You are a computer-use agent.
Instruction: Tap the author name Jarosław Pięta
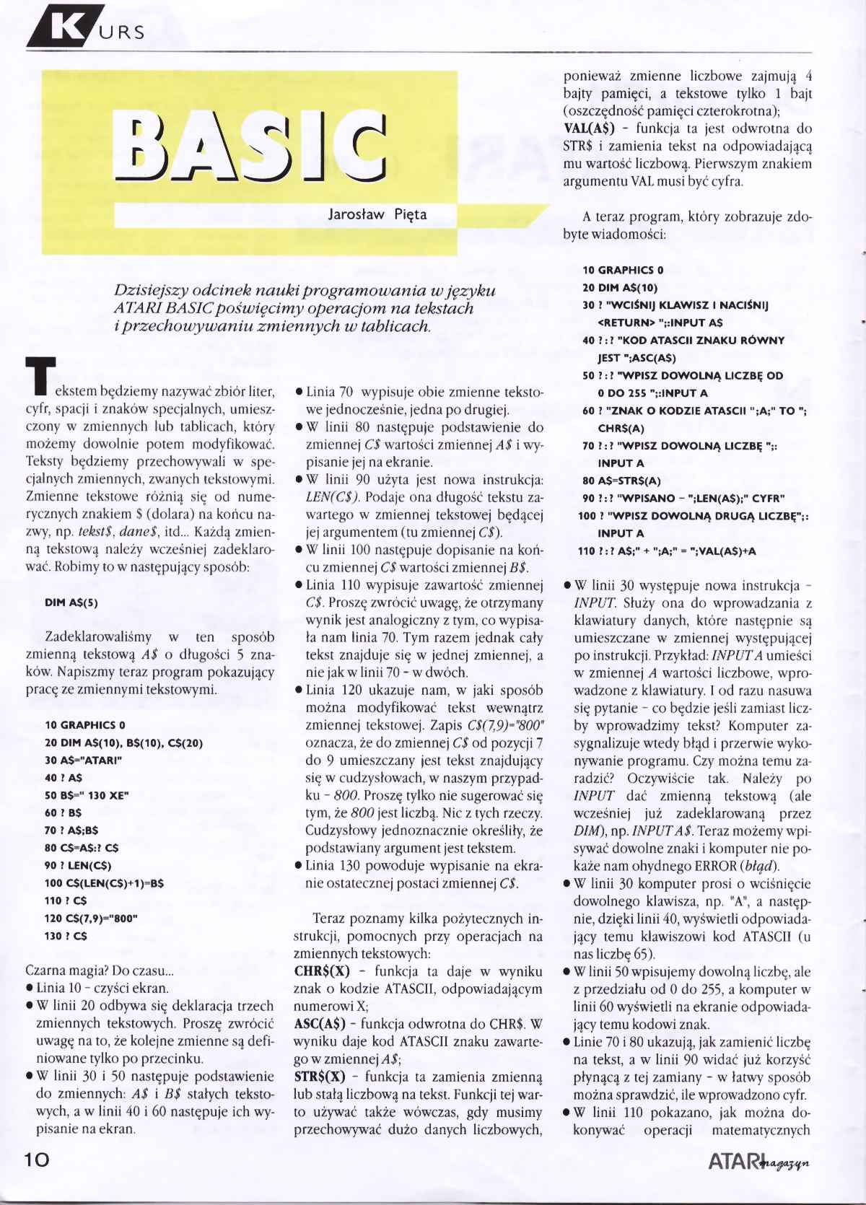tap(377, 214)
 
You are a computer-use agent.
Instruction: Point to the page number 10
tap(38, 1160)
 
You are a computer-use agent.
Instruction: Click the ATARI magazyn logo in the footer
tap(758, 1162)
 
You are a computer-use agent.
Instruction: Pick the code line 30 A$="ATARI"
tap(83, 760)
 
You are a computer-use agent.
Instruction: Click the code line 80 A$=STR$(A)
tap(621, 481)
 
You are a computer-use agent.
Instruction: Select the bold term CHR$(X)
tap(322, 970)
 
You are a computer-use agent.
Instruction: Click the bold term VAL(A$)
tap(588, 129)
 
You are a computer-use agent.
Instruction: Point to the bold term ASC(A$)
tap(322, 1023)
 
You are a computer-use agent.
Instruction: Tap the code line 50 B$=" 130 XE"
tap(87, 795)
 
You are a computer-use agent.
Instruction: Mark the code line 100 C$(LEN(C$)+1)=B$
tap(104, 883)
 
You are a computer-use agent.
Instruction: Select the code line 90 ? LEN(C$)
tap(78, 865)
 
